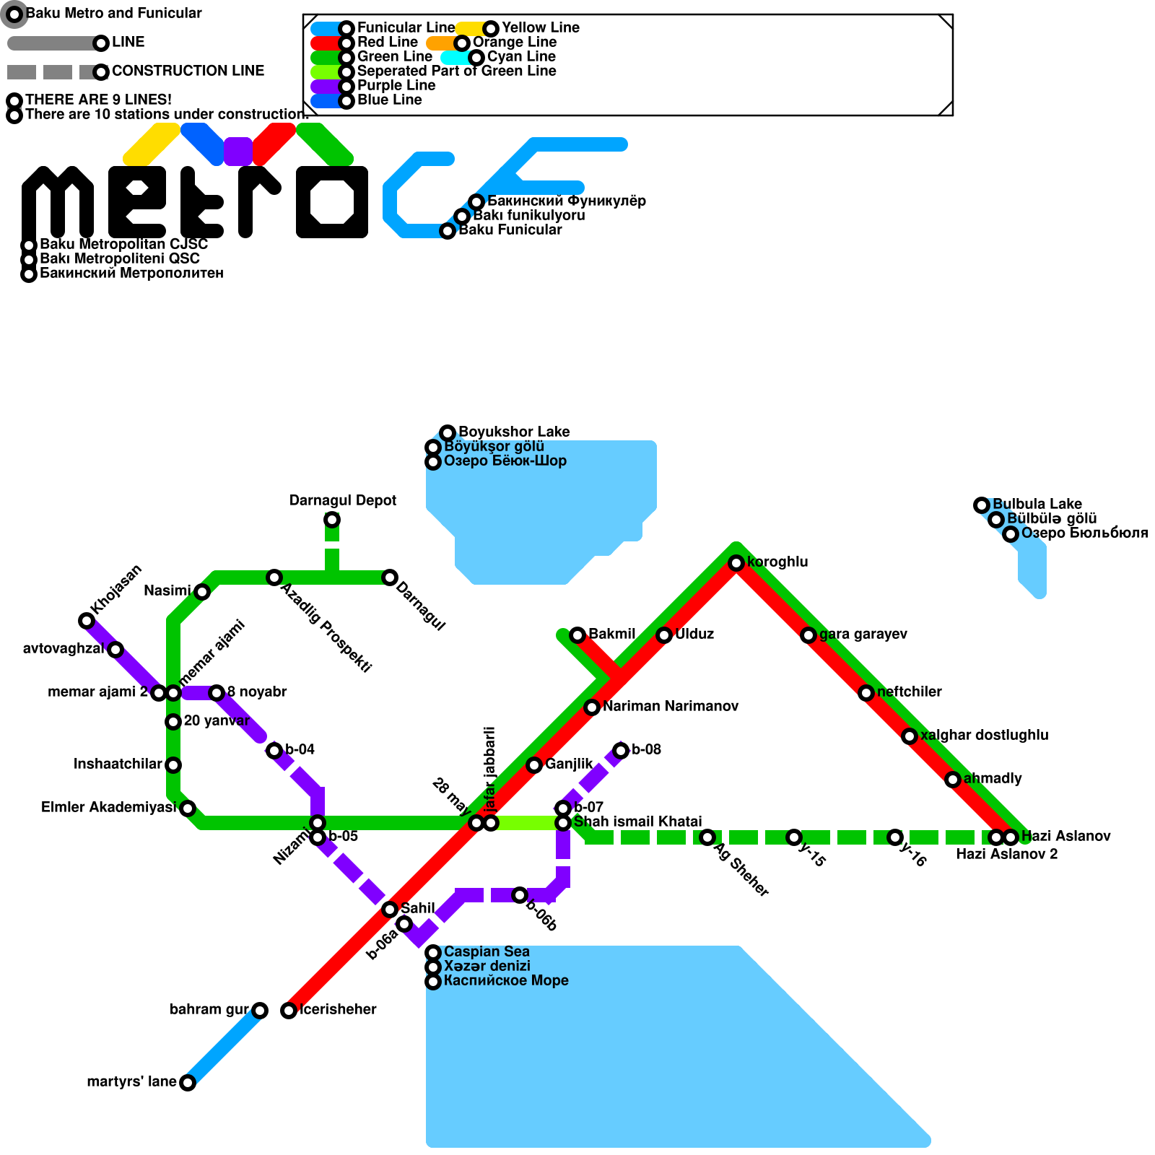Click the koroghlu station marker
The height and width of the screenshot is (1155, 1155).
[x=736, y=563]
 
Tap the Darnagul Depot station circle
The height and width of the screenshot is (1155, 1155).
[x=332, y=520]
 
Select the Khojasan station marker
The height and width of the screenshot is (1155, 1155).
[x=87, y=621]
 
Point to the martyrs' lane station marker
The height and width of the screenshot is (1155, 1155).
[x=188, y=1083]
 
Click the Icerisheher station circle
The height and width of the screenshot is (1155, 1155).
[x=289, y=1011]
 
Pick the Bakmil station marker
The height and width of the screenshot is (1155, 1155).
[x=577, y=635]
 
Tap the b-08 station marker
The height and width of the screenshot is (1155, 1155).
[x=621, y=751]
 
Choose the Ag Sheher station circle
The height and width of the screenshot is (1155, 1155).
[x=707, y=837]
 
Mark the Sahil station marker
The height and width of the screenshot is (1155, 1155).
[x=390, y=910]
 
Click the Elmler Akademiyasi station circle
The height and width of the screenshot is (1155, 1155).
[x=188, y=808]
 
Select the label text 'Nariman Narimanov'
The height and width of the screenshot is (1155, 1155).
[x=671, y=707]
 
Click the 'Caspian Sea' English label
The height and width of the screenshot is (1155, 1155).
[x=487, y=952]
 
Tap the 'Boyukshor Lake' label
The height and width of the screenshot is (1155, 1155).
[x=514, y=432]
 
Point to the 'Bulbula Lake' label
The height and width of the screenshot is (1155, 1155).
[x=1037, y=505]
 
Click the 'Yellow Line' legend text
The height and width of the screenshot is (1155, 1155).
[x=540, y=28]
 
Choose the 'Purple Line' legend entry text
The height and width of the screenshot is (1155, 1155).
[x=396, y=86]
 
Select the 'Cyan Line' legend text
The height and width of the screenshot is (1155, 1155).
[x=521, y=57]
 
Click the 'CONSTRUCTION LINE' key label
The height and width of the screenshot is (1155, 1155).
[x=188, y=71]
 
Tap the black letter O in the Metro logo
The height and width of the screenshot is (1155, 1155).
[x=332, y=202]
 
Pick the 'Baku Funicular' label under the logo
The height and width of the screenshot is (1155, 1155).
[x=510, y=230]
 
